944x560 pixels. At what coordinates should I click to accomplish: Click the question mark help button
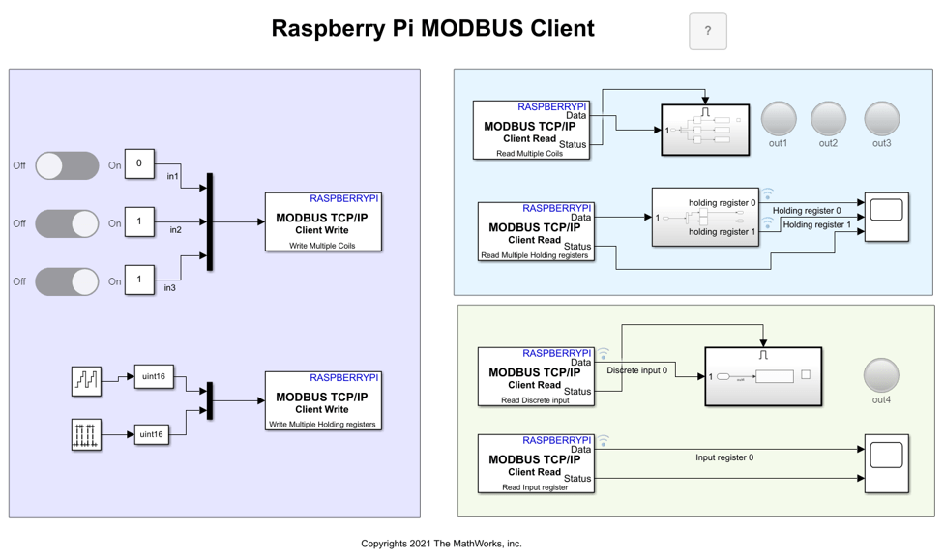(x=707, y=31)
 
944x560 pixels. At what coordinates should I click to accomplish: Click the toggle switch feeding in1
(x=67, y=165)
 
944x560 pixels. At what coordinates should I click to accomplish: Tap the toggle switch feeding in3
(x=67, y=281)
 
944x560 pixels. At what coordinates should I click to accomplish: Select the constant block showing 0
(x=139, y=163)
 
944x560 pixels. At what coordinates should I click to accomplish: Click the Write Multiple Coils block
(x=323, y=222)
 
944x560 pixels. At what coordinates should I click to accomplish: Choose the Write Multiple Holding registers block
(x=323, y=400)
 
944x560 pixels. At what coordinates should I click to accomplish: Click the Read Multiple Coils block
(x=531, y=130)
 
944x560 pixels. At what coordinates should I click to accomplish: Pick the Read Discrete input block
(x=536, y=376)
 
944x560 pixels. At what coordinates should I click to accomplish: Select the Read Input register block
(x=536, y=463)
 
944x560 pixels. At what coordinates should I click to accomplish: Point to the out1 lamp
(x=779, y=119)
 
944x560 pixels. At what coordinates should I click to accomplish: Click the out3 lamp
(x=881, y=119)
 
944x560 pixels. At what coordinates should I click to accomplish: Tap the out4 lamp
(x=881, y=375)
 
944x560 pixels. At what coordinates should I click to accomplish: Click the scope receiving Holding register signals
(x=886, y=217)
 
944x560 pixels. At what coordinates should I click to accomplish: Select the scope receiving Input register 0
(x=886, y=463)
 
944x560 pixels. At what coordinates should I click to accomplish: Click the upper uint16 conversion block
(x=154, y=376)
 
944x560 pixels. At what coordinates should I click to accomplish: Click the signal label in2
(x=176, y=230)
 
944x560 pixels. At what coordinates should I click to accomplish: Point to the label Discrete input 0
(x=636, y=370)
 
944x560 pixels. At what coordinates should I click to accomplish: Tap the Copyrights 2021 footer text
(x=441, y=544)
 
